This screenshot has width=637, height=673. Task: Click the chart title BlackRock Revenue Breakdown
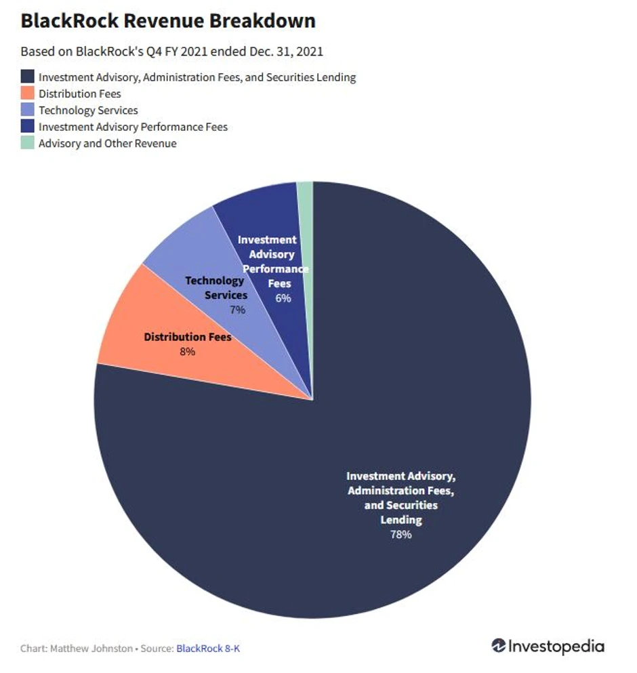[x=168, y=22]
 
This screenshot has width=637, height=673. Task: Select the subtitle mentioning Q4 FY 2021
[x=171, y=52]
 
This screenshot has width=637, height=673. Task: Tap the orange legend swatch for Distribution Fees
[x=27, y=94]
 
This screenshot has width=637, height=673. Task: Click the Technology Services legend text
[x=88, y=110]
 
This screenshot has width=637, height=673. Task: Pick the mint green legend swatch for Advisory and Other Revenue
[x=27, y=143]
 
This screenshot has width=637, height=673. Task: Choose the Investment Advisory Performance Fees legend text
[x=133, y=127]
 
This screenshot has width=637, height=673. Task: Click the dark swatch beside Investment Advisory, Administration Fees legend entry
[x=27, y=77]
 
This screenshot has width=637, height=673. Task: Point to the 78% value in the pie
[x=400, y=534]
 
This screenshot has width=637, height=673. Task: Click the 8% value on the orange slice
[x=187, y=351]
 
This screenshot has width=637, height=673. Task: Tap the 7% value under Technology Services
[x=237, y=310]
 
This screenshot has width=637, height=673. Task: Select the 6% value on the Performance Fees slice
[x=283, y=298]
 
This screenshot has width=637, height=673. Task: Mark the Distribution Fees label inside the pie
[x=188, y=337]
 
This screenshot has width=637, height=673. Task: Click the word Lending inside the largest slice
[x=400, y=520]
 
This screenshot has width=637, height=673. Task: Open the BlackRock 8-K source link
[x=208, y=649]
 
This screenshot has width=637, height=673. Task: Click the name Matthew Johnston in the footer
[x=91, y=649]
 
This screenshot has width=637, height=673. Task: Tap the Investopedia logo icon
[x=499, y=646]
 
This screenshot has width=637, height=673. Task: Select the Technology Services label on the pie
[x=215, y=288]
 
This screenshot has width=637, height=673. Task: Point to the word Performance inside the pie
[x=276, y=269]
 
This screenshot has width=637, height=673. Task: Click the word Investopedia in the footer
[x=556, y=647]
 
